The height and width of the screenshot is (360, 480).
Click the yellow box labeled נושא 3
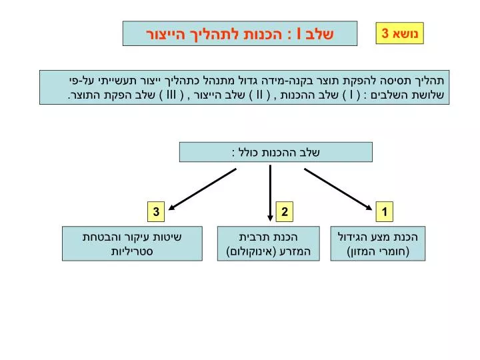click(x=399, y=33)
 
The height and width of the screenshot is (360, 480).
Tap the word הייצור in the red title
click(x=165, y=34)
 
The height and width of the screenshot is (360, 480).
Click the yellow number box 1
click(x=385, y=211)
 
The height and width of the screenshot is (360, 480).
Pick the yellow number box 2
click(x=285, y=211)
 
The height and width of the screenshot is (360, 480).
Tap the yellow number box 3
click(x=156, y=211)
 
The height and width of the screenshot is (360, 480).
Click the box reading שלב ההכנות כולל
click(x=276, y=152)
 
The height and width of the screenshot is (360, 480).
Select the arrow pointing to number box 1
click(x=338, y=189)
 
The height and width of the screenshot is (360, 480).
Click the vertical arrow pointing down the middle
click(x=270, y=193)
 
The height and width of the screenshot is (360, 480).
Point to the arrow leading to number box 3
click(x=203, y=189)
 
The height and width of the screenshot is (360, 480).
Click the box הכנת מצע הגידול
click(x=378, y=244)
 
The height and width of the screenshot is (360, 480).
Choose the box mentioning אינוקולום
click(x=269, y=244)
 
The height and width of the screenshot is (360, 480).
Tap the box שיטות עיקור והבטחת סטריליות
click(x=132, y=244)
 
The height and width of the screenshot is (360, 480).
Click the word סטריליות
click(x=132, y=251)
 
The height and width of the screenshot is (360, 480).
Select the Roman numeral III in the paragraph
click(x=171, y=95)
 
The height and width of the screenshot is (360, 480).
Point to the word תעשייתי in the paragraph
click(x=120, y=81)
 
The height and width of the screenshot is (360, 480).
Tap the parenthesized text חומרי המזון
click(x=379, y=251)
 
